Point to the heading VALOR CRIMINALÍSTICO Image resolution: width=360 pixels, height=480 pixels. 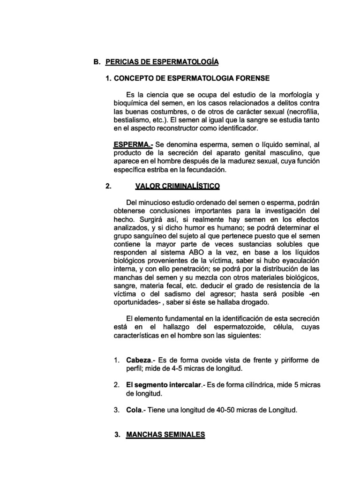coord(177,186)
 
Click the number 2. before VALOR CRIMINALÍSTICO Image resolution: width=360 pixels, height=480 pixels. coord(108,186)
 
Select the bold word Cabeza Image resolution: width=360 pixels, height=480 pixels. coord(139,360)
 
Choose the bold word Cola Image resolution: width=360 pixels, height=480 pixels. coord(134,410)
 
